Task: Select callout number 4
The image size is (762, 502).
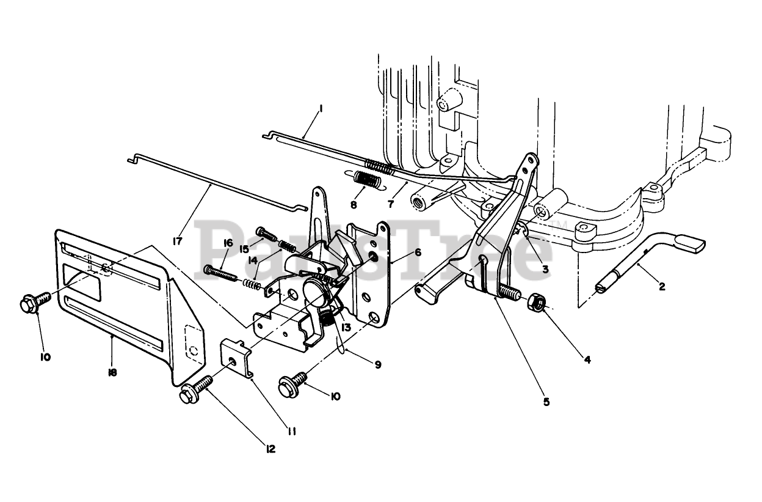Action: tap(587, 360)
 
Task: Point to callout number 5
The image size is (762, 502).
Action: tap(546, 402)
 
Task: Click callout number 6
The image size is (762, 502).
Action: tap(418, 252)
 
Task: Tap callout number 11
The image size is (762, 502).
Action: tap(292, 432)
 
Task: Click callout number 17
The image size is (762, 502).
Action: tap(178, 242)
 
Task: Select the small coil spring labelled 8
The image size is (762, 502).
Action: tap(369, 180)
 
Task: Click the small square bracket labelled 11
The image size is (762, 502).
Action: tap(234, 359)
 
